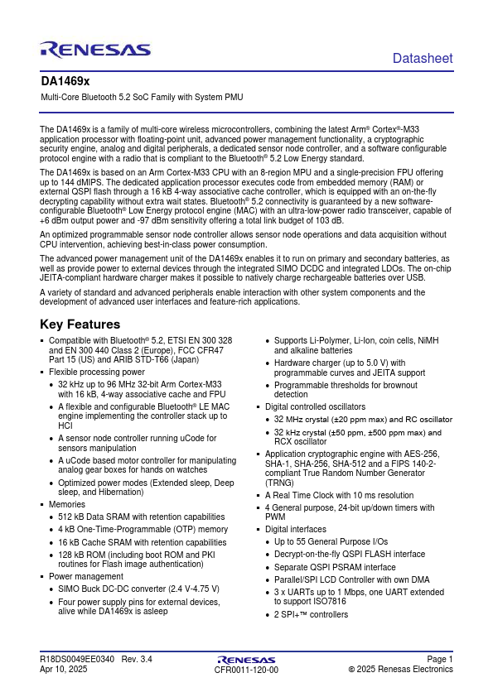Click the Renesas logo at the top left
click(x=94, y=50)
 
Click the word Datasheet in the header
click(x=423, y=58)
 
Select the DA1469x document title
click(x=65, y=83)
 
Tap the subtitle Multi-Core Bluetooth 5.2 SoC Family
click(x=142, y=98)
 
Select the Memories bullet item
click(x=67, y=503)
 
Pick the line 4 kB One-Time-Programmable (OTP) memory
click(x=143, y=529)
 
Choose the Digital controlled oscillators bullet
click(x=315, y=406)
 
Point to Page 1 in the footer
click(x=440, y=659)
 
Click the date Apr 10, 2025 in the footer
click(x=63, y=669)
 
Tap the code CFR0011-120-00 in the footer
click(x=246, y=670)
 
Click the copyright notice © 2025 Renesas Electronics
click(x=400, y=669)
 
